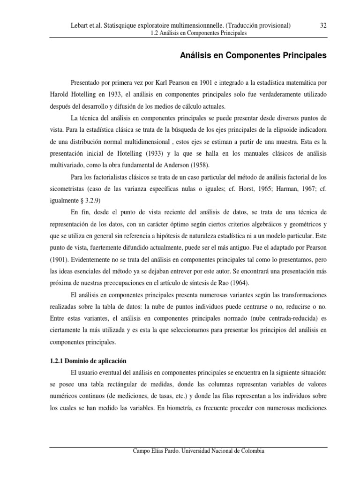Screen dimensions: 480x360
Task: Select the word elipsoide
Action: [x=292, y=129]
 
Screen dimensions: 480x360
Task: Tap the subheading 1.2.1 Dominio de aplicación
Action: [x=88, y=361]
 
